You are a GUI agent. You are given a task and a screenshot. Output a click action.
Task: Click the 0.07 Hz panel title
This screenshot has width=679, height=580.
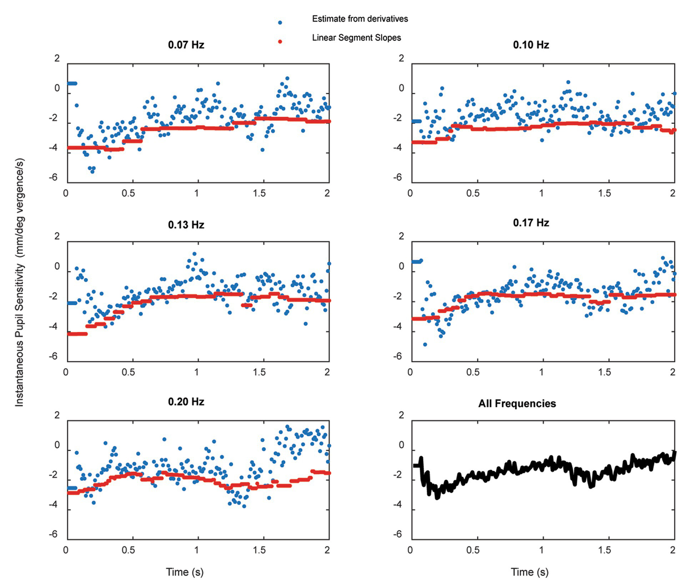(x=186, y=45)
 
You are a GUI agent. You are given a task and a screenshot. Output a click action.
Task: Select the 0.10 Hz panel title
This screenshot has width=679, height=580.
(x=531, y=45)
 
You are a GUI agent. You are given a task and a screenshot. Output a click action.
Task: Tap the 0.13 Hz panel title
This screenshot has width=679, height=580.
(x=186, y=225)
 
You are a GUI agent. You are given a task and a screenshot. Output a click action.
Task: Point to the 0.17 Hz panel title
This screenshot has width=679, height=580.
(x=531, y=223)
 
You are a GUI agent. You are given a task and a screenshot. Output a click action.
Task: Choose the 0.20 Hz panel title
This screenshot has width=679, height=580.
(x=186, y=402)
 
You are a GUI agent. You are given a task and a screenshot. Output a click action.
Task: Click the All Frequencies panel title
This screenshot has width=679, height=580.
(x=517, y=403)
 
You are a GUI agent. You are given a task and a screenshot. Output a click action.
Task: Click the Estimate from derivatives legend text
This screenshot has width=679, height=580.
(x=360, y=19)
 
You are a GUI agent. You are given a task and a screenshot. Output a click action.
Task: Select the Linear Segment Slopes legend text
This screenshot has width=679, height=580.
(x=356, y=38)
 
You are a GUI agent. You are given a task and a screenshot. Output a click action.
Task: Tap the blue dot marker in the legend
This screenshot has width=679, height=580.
(x=280, y=23)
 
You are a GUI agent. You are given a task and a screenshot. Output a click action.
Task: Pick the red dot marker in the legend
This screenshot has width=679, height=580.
(x=280, y=42)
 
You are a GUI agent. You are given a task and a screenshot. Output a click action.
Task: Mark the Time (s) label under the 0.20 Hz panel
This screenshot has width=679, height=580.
(x=184, y=572)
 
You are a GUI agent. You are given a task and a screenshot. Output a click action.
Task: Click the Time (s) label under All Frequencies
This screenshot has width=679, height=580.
(x=529, y=572)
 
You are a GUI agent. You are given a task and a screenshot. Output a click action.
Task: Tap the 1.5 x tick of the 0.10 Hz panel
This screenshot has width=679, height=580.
(x=605, y=193)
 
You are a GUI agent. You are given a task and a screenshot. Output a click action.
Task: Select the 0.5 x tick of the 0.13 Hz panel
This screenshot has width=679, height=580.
(x=129, y=372)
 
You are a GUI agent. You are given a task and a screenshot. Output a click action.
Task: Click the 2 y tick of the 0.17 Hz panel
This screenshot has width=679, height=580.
(x=401, y=236)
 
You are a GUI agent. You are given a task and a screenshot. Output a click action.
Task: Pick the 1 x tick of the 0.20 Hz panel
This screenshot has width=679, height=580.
(x=196, y=550)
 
